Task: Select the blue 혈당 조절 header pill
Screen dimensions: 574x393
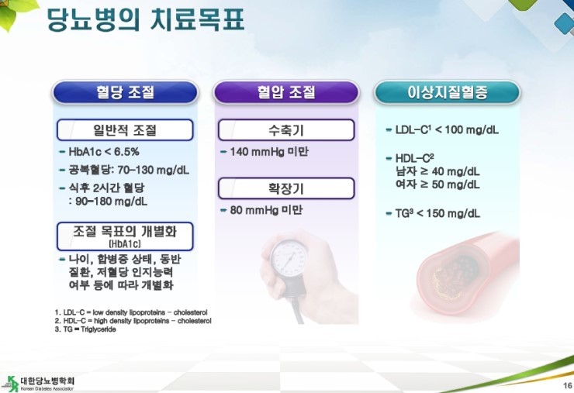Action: coord(125,92)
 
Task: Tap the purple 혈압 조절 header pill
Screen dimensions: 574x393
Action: coord(286,92)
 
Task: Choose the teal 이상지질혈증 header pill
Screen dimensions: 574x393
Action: coord(447,92)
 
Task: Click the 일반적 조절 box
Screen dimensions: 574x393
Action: coord(125,130)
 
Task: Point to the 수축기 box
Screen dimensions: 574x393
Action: coord(286,130)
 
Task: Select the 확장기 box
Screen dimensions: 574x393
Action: coord(286,188)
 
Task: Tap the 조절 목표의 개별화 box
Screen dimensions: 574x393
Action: coord(125,236)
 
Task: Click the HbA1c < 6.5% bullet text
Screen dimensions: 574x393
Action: coord(104,152)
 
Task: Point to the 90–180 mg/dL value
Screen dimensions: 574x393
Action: coord(111,202)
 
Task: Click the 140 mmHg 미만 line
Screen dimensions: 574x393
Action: coord(269,151)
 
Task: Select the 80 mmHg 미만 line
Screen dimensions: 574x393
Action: coord(266,210)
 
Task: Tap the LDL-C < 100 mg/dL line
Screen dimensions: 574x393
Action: coord(447,130)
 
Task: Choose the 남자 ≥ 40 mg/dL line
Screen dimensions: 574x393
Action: coord(437,171)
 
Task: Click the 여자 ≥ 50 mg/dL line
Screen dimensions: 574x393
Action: coord(437,184)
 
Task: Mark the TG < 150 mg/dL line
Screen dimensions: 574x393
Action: coord(437,213)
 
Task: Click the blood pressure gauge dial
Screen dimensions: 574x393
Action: coord(289,258)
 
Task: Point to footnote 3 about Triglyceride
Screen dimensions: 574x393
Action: coord(85,329)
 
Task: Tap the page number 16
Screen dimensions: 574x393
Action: coord(568,385)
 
